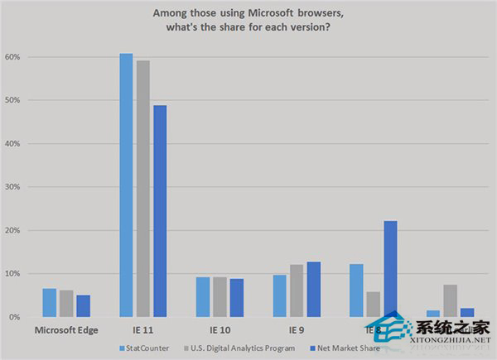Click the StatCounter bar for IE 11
point(126,185)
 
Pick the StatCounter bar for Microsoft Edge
point(48,303)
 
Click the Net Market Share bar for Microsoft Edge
point(84,305)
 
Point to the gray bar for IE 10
point(220,297)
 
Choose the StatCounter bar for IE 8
point(356,290)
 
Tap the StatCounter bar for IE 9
point(279,296)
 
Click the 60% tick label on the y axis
point(12,57)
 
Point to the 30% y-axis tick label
point(12,187)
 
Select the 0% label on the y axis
point(14,317)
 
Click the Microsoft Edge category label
point(66,331)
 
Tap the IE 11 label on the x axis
point(143,331)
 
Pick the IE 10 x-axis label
point(220,331)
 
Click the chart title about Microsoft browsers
point(248,20)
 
